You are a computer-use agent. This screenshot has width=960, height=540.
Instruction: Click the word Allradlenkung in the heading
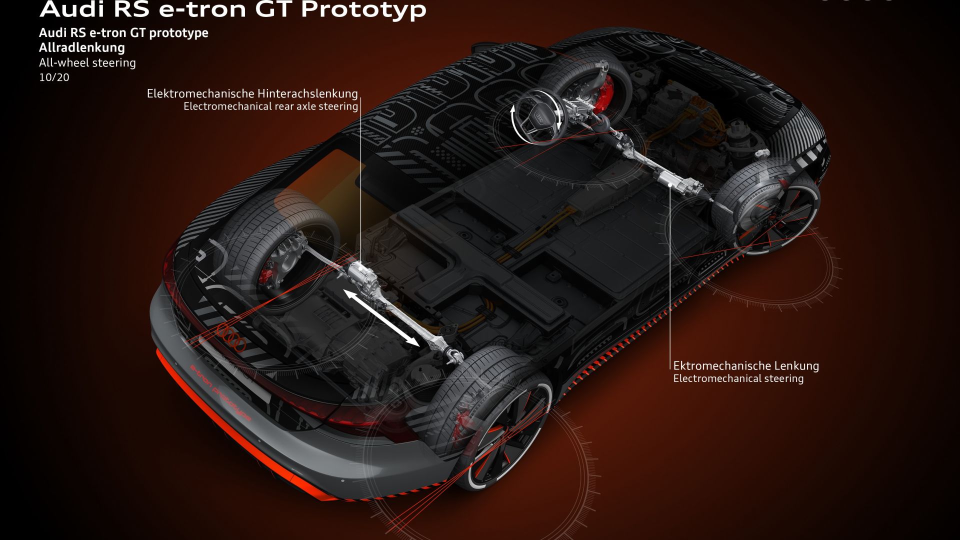pyautogui.click(x=82, y=47)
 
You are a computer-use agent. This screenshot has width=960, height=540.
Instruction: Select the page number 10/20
pyautogui.click(x=54, y=77)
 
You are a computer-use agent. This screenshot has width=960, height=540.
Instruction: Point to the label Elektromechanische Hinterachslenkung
pyautogui.click(x=252, y=93)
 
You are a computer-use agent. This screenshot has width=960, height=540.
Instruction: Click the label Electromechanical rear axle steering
pyautogui.click(x=271, y=106)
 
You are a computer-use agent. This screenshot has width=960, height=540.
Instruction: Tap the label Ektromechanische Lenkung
pyautogui.click(x=746, y=365)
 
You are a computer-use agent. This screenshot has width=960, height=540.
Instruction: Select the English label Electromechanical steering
pyautogui.click(x=738, y=378)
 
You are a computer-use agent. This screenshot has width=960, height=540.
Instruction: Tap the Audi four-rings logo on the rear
pyautogui.click(x=230, y=336)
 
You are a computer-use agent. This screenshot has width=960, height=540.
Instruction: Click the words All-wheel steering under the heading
pyautogui.click(x=87, y=62)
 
